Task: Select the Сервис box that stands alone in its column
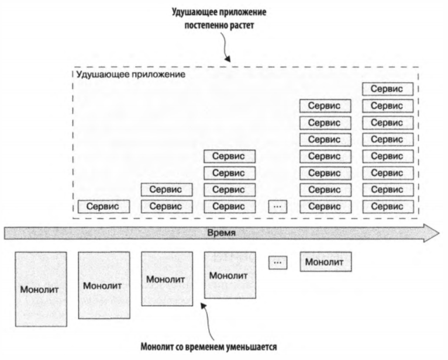coord(103,206)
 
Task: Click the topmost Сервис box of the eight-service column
coord(388,89)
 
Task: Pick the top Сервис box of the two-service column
coord(166,189)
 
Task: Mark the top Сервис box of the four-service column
coord(229,156)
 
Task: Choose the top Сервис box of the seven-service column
coord(325,106)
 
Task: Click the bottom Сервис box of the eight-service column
coord(388,206)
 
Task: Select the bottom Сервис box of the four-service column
coord(229,206)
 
